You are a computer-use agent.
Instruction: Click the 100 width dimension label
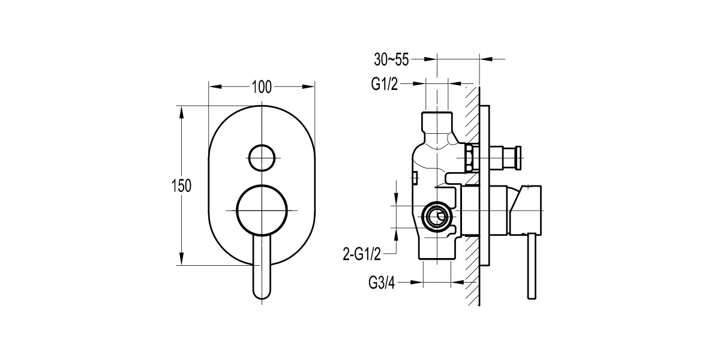[262, 86]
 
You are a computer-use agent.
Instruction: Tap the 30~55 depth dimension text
[391, 59]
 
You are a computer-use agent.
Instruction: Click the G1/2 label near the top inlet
[384, 85]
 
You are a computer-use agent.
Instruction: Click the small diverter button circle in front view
[262, 158]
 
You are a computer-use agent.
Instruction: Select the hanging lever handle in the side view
[531, 267]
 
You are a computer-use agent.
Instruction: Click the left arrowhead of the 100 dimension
[212, 86]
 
